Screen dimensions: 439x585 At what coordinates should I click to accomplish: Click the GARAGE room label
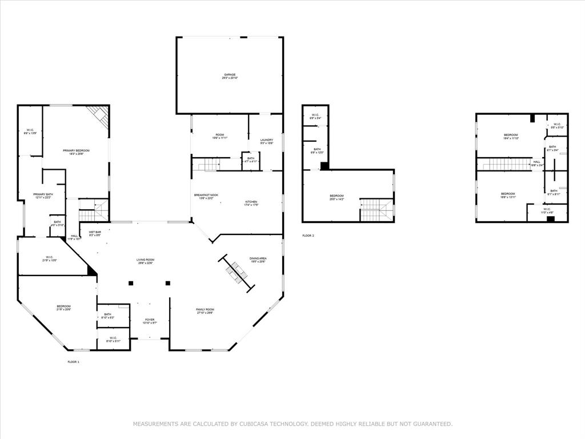tap(230, 75)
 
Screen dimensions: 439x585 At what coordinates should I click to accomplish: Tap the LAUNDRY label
tap(267, 140)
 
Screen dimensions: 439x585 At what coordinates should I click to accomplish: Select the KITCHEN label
tap(251, 202)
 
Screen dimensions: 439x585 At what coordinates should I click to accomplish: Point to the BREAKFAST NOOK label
tap(206, 195)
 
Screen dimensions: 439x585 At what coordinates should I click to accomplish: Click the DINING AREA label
tap(258, 258)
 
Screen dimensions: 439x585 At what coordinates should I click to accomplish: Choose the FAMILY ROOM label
tap(205, 309)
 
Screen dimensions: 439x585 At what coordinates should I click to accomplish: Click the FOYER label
tap(150, 320)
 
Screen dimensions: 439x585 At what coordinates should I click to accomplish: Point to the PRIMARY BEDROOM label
tap(76, 150)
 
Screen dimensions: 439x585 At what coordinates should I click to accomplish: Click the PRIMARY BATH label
tap(42, 195)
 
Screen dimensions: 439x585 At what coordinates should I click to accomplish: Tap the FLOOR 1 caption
tap(73, 362)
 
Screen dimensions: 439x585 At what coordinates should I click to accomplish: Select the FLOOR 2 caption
tap(308, 236)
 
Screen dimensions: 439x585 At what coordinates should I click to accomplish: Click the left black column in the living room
tap(131, 283)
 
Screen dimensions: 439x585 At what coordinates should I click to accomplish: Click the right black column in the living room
tap(168, 283)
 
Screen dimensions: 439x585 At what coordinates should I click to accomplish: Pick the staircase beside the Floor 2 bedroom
tap(376, 210)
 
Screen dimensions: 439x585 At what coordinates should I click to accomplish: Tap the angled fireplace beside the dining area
tap(235, 273)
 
